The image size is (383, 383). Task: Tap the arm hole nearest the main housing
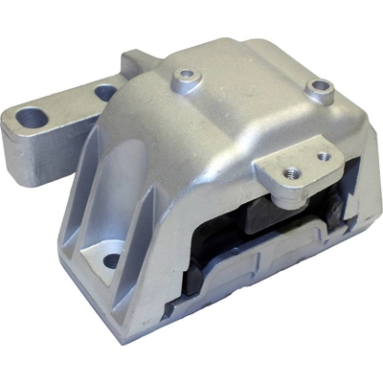coord(105,93)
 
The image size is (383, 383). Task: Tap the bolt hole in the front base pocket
coord(111,259)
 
